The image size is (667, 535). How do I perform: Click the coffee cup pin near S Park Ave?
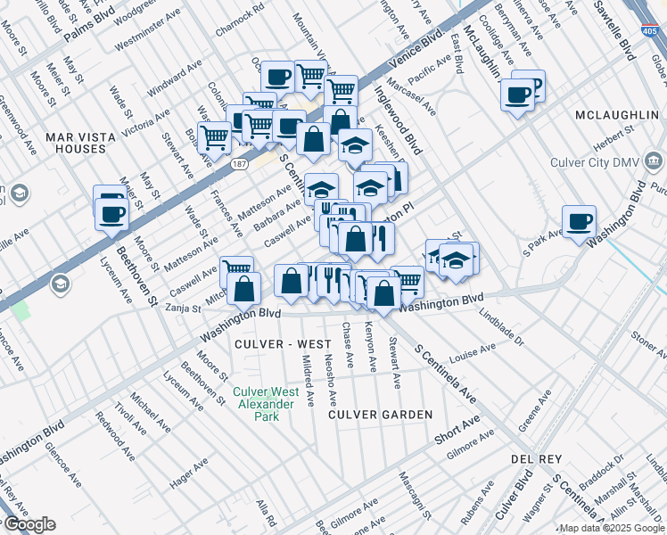[579, 222]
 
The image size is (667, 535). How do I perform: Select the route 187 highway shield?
[238, 164]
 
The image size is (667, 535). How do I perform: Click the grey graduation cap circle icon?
[61, 284]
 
